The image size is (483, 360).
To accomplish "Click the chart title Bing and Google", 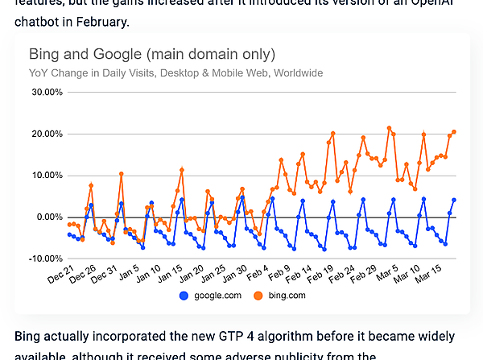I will click(x=152, y=55).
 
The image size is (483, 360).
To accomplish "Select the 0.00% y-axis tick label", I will click(x=48, y=217).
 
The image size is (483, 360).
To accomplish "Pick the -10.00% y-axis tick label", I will click(x=45, y=259).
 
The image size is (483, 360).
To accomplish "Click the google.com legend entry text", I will click(x=217, y=296).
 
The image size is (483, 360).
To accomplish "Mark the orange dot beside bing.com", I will click(x=258, y=296).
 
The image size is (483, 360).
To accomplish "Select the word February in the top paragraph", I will click(x=105, y=22).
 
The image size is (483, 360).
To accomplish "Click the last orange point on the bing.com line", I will click(x=454, y=132).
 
